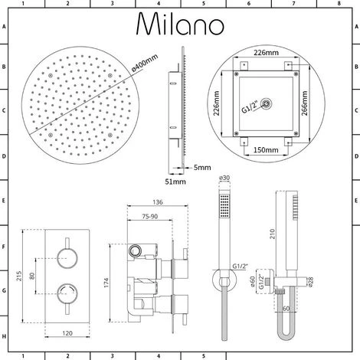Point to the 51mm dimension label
pyautogui.click(x=177, y=182)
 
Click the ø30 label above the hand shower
pyautogui.click(x=223, y=179)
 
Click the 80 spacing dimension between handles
pyautogui.click(x=31, y=274)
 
